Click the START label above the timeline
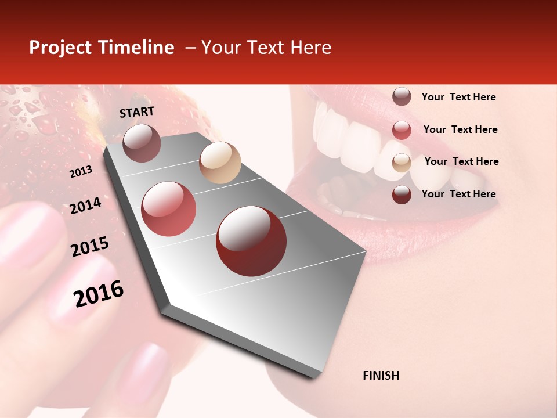137,112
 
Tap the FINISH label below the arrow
381,376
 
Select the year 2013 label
81,172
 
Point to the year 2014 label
85,206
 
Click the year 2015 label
90,247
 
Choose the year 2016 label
99,294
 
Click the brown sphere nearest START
142,143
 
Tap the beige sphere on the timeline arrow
220,163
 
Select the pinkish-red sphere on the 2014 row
169,209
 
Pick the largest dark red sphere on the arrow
251,241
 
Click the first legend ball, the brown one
402,96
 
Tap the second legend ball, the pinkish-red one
402,130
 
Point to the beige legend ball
402,163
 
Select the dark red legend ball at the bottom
402,194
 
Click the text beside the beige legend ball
461,161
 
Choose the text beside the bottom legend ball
458,194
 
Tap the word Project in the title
60,48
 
